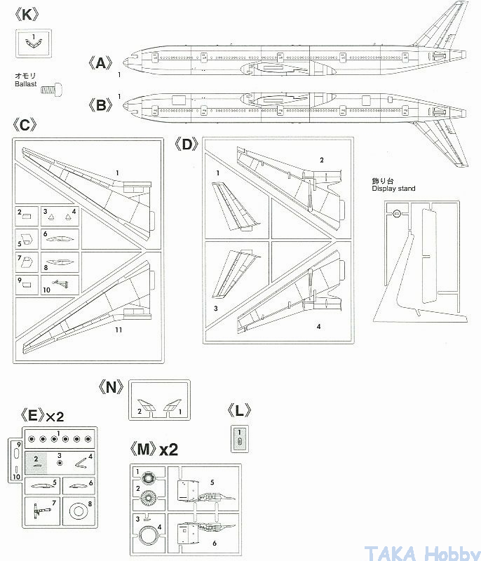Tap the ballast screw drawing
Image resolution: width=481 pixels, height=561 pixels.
click(x=51, y=88)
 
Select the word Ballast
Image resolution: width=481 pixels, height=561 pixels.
click(x=27, y=83)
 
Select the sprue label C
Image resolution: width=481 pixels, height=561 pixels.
click(x=24, y=125)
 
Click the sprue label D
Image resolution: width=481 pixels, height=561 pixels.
click(x=186, y=144)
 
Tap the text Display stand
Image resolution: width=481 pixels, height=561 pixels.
click(x=393, y=189)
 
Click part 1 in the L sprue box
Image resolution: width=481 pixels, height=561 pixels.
click(x=240, y=440)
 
